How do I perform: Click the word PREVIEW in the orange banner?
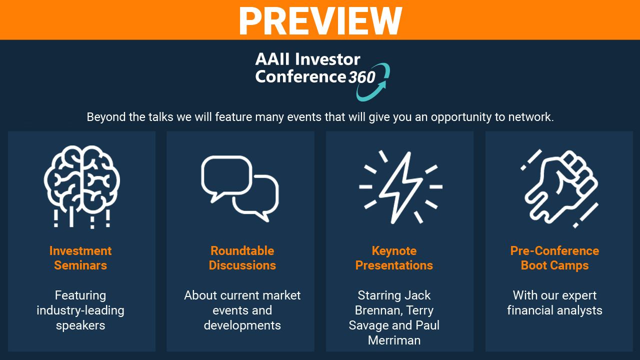(320, 21)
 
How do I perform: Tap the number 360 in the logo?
(361, 77)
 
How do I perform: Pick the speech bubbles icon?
(240, 188)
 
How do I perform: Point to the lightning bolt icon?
(400, 187)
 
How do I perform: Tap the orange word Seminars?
(80, 265)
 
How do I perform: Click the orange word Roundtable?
(242, 251)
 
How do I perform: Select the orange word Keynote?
(394, 251)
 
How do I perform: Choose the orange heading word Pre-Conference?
(555, 251)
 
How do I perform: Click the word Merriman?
(394, 340)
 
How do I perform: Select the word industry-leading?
(80, 311)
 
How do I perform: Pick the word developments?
(242, 325)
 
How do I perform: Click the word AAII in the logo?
(273, 59)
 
